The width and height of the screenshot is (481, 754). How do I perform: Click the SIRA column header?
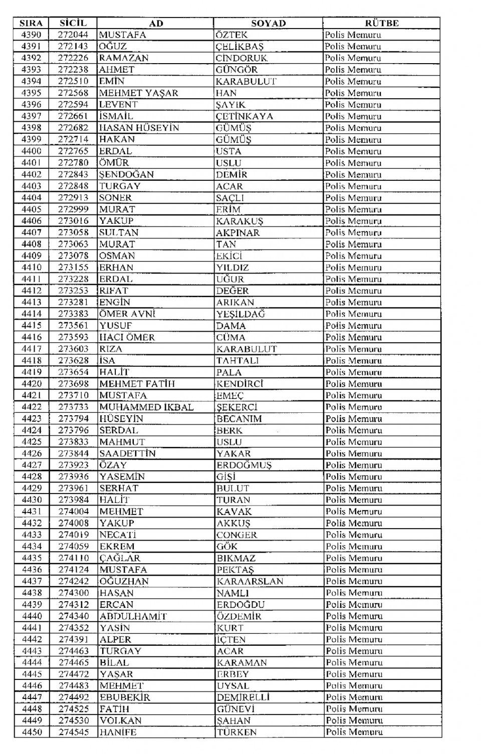click(31, 23)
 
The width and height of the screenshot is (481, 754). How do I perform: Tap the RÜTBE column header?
click(381, 23)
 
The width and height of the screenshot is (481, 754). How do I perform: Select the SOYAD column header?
click(268, 23)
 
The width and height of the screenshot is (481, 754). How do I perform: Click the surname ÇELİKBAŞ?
click(239, 47)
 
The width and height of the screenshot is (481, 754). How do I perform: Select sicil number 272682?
click(73, 128)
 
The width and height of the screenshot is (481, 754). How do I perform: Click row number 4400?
click(32, 151)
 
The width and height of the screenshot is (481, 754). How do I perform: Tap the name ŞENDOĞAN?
click(126, 174)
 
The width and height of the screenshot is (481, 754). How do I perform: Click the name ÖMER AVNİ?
click(127, 314)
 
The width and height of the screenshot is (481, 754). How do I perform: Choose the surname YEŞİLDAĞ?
click(241, 314)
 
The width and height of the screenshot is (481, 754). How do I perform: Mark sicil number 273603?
click(73, 349)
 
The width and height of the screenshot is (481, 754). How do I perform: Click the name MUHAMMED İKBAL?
click(146, 407)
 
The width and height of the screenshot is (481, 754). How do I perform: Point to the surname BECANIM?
click(239, 418)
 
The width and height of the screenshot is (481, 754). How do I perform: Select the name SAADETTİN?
click(127, 453)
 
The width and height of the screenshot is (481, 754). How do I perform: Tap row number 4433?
click(32, 535)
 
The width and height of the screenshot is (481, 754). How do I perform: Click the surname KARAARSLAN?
click(250, 581)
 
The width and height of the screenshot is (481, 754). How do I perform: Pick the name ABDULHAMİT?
click(133, 616)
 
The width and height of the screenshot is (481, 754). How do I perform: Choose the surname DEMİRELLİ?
click(244, 697)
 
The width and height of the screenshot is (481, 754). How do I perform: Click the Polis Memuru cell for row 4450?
click(354, 732)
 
